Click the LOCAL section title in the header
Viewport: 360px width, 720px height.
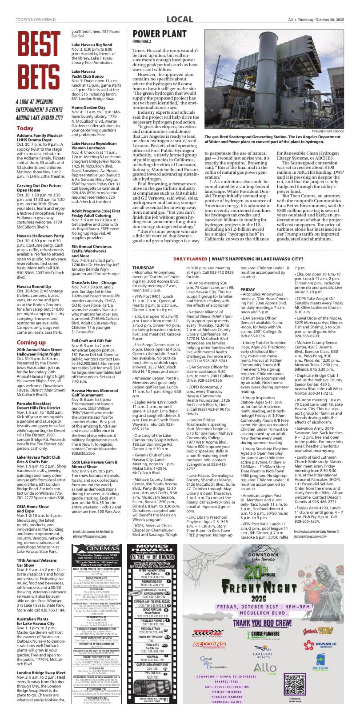tap(180, 20)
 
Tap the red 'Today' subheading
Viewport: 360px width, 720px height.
tap(25, 128)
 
